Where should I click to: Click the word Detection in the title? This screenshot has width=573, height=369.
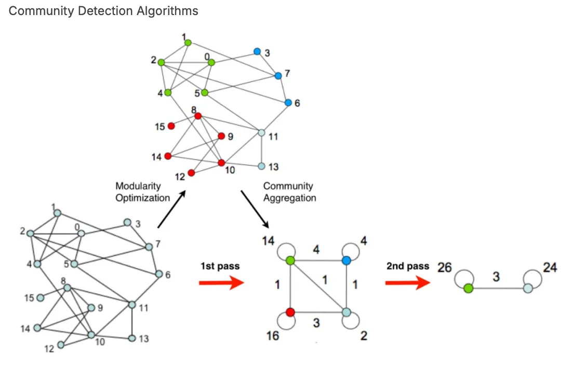[107, 11]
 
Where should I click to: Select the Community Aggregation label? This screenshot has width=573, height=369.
[289, 192]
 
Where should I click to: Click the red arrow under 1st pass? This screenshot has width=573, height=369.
[221, 283]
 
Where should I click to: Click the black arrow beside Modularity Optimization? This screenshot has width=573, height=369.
[171, 210]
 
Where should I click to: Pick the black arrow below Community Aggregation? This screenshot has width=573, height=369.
[255, 210]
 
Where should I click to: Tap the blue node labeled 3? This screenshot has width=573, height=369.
[257, 51]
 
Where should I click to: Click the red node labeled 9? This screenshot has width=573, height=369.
[221, 136]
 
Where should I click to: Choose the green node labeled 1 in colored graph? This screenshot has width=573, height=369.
[188, 43]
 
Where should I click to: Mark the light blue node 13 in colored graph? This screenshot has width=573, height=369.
[261, 167]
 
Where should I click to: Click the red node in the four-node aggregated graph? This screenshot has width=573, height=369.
[290, 312]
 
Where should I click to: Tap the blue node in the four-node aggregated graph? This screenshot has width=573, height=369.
[347, 261]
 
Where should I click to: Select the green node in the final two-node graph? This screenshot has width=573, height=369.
[469, 288]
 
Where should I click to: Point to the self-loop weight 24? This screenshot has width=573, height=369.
[550, 268]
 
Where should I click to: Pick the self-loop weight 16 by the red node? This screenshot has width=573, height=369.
[272, 336]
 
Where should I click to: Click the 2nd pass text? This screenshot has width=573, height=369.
[407, 266]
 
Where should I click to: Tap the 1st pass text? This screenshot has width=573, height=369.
[220, 266]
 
